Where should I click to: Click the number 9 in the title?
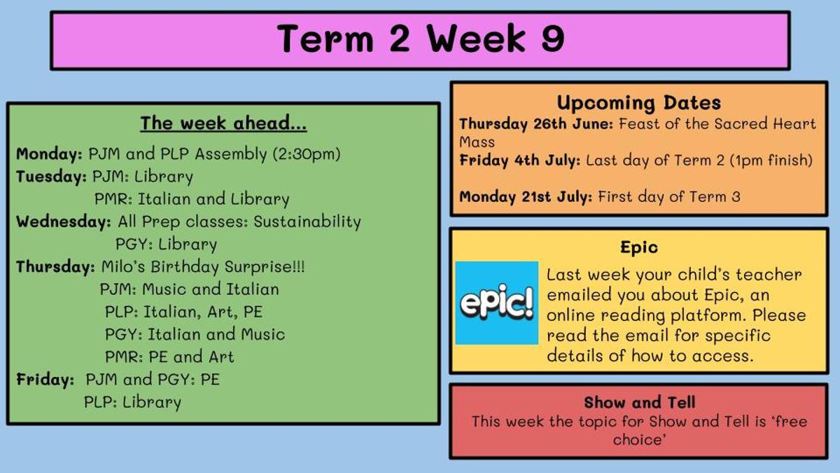553,38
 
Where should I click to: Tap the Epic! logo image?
496,303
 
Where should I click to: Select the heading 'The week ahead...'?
223,123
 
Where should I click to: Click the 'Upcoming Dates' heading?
638,103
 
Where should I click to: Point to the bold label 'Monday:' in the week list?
49,154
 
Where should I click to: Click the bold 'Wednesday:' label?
64,221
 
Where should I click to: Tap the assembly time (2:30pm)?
307,154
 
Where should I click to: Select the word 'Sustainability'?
307,221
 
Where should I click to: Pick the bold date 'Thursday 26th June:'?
536,124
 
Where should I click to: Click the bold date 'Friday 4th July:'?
519,160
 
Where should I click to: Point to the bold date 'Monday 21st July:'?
526,196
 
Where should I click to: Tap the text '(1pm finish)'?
771,160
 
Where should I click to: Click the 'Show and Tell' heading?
639,402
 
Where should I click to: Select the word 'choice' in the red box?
639,439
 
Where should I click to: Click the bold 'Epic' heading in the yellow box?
639,247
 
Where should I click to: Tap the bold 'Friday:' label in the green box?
45,379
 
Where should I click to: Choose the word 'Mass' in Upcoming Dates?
477,142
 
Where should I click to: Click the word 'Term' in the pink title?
325,38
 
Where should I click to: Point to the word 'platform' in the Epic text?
707,315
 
